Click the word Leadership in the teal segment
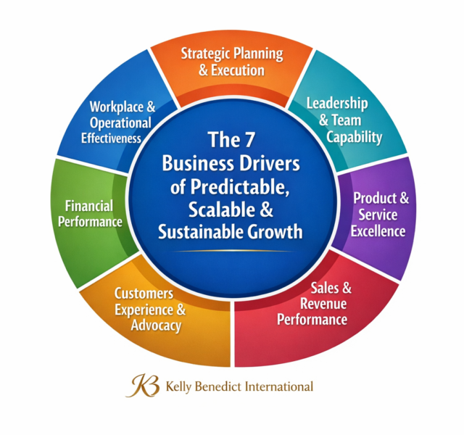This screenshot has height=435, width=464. [x=337, y=104]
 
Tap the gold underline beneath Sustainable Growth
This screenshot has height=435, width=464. [x=233, y=251]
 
